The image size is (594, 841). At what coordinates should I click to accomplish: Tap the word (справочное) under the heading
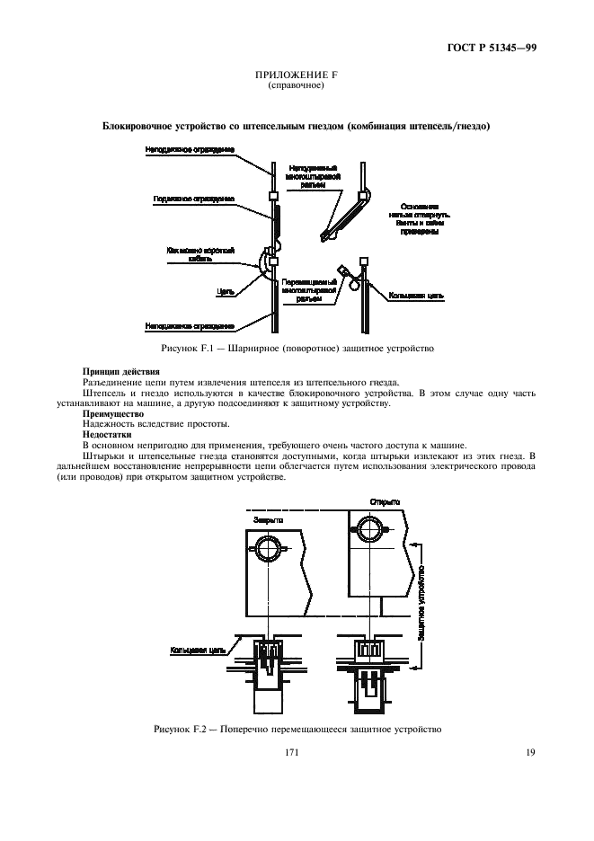297,87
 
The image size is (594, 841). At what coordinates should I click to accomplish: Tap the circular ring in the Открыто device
369,531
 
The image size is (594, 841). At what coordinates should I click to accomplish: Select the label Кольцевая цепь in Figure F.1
416,293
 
